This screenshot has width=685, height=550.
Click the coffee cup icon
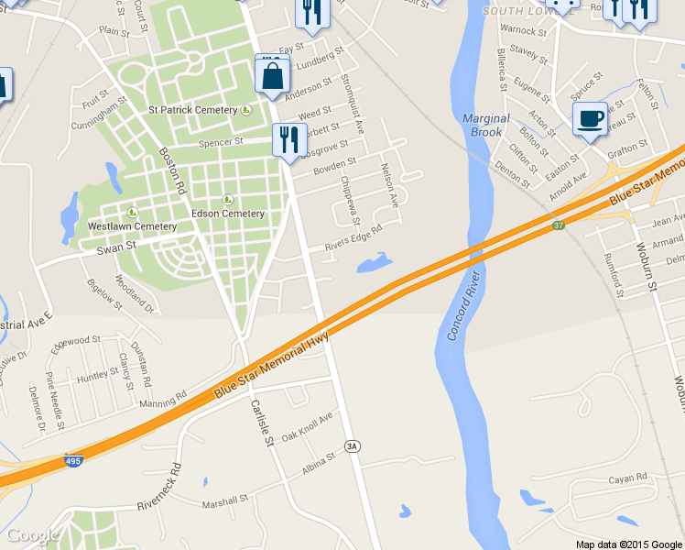pos(589,118)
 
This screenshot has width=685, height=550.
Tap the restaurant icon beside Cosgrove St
pos(288,140)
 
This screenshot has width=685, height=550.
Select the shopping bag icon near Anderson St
pos(272,74)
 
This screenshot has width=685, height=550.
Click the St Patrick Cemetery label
pos(193,110)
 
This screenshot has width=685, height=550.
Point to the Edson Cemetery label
pos(228,214)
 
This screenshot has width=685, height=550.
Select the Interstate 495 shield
pos(73,461)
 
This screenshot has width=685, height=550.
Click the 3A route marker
pos(353,445)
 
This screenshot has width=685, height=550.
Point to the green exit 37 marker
pos(558,225)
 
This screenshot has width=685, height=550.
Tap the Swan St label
pos(116,246)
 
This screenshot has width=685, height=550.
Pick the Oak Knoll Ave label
pos(307,427)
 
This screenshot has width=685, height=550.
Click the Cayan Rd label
pos(628,478)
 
